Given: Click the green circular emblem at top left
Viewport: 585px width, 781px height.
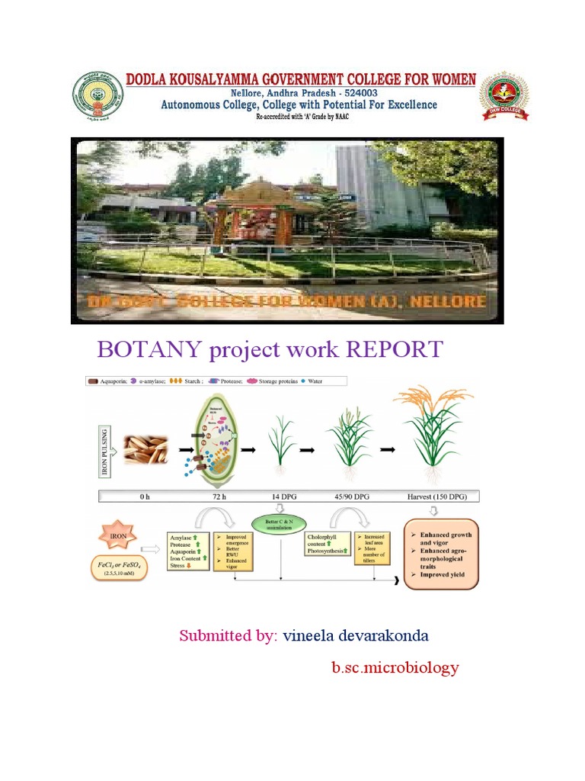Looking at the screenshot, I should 97,97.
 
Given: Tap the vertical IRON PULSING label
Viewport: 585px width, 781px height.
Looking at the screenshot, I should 105,451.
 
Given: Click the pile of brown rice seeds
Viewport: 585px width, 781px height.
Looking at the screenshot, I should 145,451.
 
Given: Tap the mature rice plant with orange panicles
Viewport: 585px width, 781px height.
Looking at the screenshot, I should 430,435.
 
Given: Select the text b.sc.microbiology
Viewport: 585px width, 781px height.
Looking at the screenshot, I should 395,668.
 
